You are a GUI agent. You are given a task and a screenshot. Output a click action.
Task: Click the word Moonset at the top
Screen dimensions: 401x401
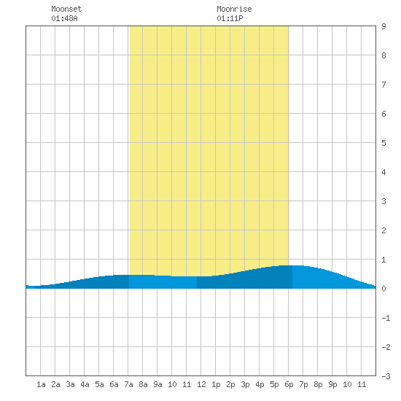[x=66, y=9]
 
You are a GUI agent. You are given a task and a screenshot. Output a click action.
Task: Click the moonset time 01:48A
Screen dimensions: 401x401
[x=64, y=18]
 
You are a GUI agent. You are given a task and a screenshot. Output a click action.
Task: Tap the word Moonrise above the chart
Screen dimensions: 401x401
[x=234, y=9]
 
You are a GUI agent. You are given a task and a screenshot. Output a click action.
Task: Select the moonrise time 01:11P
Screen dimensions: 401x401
[x=230, y=18]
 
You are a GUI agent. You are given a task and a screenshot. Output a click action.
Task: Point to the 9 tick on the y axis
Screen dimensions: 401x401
[x=384, y=26]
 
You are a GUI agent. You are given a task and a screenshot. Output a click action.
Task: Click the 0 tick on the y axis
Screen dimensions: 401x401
[x=384, y=289]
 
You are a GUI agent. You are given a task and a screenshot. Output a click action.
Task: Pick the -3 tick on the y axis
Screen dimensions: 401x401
[x=386, y=376]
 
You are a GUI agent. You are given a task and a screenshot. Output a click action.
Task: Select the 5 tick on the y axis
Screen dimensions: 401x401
[x=384, y=143]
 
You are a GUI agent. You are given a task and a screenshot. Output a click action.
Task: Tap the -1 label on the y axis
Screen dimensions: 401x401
[x=386, y=318]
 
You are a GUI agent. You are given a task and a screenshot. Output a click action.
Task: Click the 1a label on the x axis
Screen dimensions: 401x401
[x=41, y=384]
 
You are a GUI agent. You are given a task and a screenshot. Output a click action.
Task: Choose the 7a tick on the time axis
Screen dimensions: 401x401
[x=128, y=384]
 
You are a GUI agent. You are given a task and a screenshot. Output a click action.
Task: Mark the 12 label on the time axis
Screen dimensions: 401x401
[x=201, y=384]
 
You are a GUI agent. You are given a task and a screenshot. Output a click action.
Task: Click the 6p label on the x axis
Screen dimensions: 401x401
[x=289, y=384]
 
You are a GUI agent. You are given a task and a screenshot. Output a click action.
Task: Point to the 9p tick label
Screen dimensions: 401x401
[x=332, y=384]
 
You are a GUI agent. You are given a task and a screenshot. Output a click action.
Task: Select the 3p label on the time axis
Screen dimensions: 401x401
[x=245, y=384]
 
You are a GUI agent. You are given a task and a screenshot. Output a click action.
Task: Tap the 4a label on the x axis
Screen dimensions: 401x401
[x=85, y=384]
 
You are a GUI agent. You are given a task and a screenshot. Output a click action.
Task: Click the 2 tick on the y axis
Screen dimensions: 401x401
[x=384, y=230]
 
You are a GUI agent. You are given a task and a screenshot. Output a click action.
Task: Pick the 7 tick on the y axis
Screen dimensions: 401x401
[x=384, y=85]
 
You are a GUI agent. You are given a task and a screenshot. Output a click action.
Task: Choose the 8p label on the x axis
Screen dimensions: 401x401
[x=318, y=384]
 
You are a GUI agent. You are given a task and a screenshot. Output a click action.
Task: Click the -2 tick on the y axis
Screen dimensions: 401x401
[x=386, y=347]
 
